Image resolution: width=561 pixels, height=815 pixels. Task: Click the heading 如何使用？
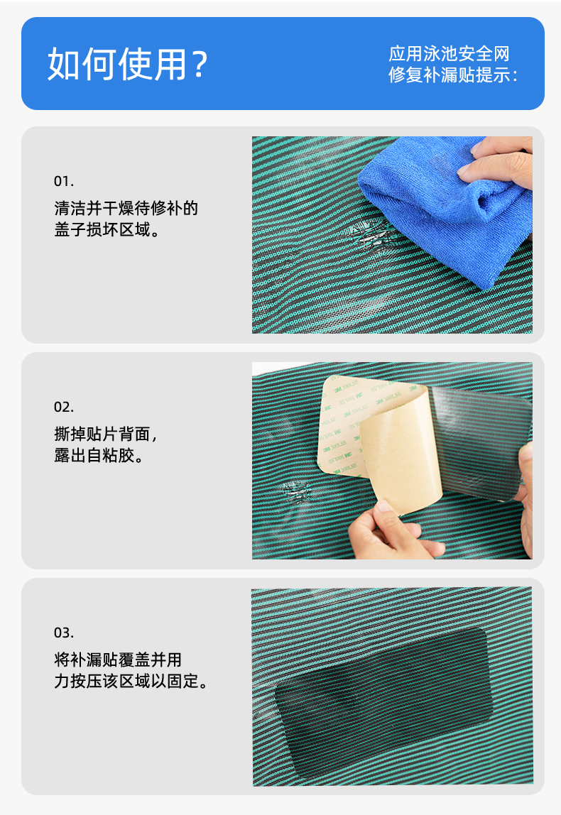[128, 64]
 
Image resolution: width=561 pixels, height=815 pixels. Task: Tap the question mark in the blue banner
[199, 65]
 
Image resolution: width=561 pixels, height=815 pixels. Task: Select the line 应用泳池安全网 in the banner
[450, 53]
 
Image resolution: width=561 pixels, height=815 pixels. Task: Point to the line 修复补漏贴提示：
[453, 75]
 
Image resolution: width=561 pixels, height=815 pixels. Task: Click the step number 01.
[64, 181]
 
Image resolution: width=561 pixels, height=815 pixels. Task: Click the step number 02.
[64, 407]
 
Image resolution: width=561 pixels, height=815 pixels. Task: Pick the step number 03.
[64, 633]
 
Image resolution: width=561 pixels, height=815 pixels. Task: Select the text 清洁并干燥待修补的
[126, 208]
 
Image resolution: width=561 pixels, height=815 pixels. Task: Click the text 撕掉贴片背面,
[106, 434]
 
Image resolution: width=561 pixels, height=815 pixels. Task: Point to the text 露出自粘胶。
[99, 455]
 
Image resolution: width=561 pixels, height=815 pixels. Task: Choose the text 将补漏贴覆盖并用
[118, 660]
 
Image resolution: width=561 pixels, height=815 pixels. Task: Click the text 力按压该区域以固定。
[131, 681]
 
